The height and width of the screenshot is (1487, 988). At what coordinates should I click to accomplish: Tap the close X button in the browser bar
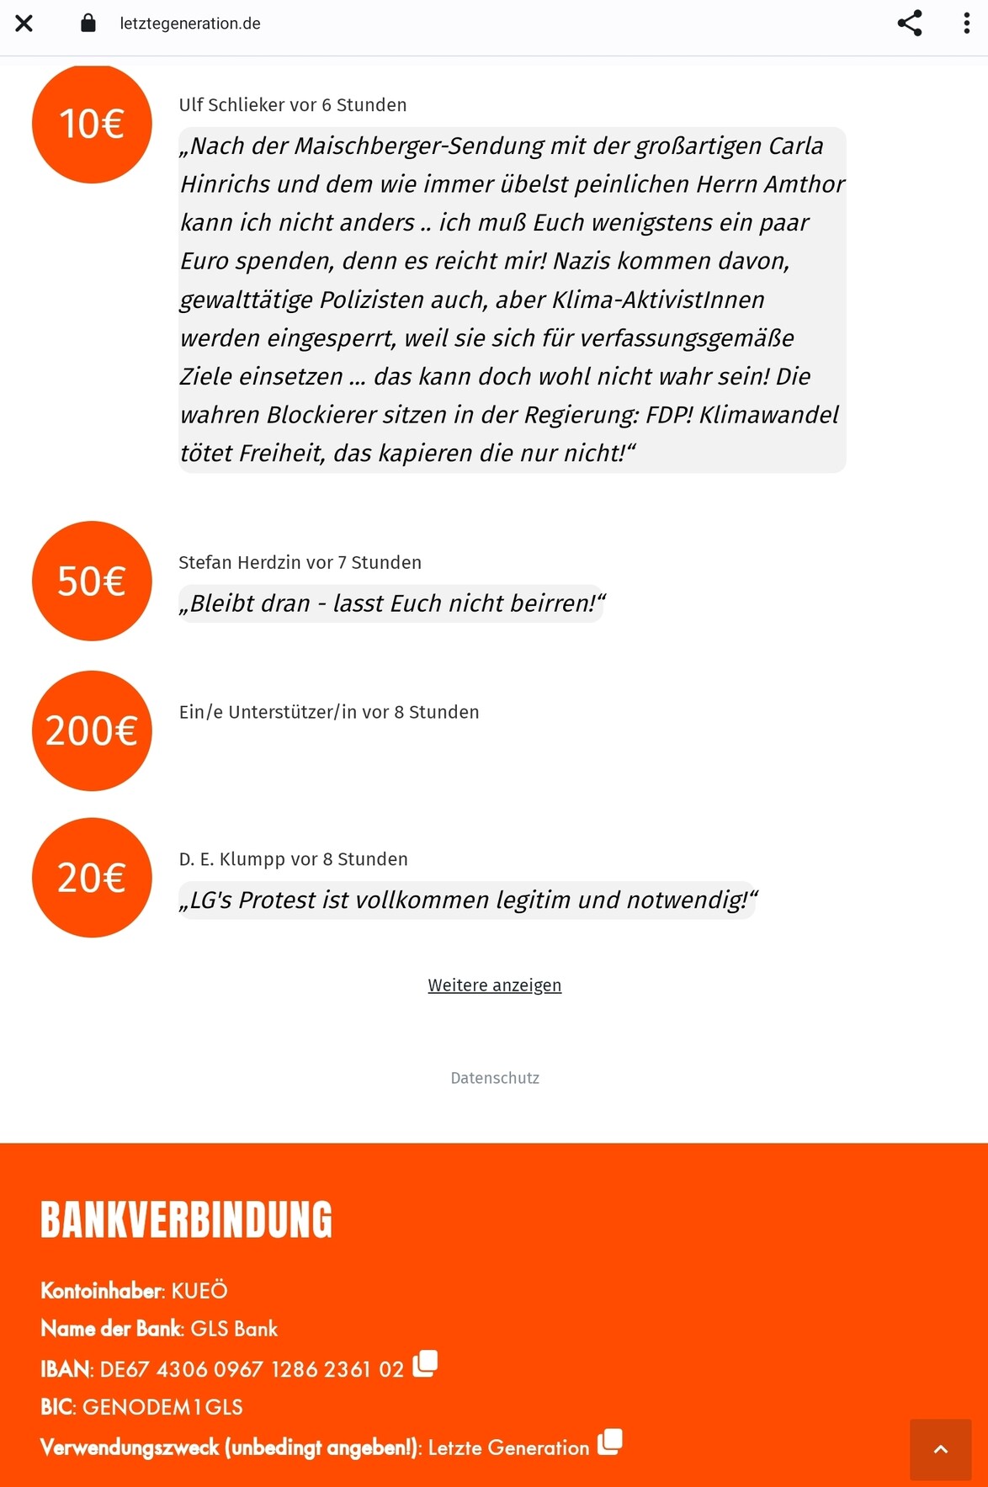point(24,24)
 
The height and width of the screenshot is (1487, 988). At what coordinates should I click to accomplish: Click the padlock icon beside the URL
point(88,23)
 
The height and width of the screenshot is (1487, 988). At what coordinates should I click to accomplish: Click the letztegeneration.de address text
point(190,24)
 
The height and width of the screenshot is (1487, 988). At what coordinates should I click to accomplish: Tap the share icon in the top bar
point(910,24)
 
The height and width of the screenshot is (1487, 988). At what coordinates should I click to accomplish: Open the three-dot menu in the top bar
point(966,24)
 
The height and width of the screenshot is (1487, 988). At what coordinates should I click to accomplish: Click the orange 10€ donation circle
point(92,124)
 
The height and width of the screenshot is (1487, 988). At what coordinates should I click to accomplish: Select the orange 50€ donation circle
point(92,581)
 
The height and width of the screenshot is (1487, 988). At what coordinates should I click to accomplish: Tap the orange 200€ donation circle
point(92,730)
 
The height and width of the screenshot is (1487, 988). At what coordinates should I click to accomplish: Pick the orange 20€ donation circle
point(92,878)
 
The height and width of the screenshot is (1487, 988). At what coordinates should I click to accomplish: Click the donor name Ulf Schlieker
point(231,105)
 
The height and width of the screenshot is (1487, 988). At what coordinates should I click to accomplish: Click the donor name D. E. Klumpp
point(231,859)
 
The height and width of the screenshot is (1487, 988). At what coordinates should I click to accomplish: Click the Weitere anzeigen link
point(494,985)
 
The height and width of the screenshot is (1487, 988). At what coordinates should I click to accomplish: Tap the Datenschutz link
point(495,1078)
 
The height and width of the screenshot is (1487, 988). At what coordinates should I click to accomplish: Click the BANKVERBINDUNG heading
point(186,1220)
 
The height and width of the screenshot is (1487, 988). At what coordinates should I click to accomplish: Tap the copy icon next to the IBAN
point(425,1363)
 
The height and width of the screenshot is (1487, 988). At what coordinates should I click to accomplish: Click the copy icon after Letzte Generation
point(610,1442)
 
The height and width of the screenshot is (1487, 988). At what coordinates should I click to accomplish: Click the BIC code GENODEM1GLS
point(162,1407)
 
